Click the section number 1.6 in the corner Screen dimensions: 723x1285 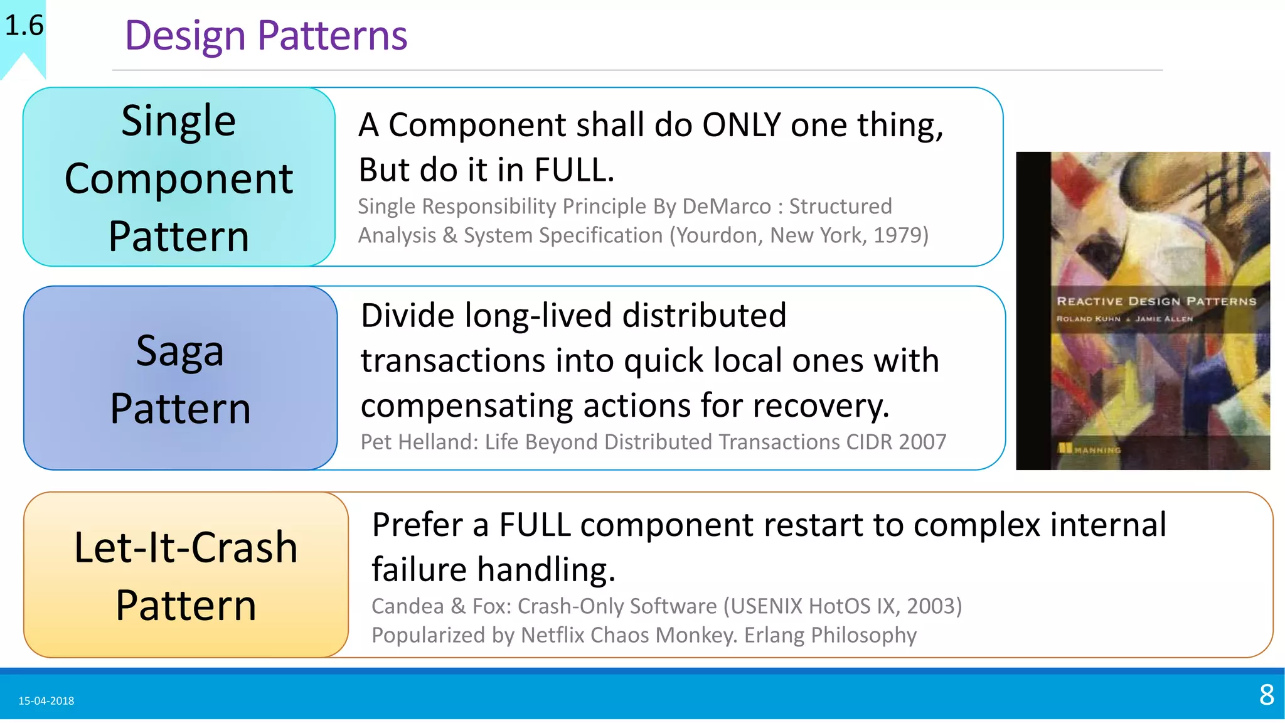click(24, 26)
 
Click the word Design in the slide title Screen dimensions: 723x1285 click(184, 36)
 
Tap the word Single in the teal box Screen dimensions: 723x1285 click(178, 120)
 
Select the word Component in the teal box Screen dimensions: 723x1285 click(178, 179)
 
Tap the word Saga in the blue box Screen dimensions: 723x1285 click(179, 351)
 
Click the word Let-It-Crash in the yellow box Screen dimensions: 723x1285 click(185, 547)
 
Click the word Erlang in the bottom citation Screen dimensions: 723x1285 click(774, 635)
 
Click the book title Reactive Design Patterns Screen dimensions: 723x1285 click(1156, 301)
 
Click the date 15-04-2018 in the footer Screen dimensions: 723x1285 click(46, 701)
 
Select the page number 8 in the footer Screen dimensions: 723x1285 click(1266, 695)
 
